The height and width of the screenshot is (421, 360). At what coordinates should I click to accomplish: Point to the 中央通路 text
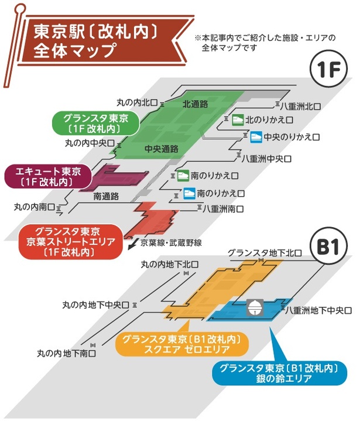point(162,149)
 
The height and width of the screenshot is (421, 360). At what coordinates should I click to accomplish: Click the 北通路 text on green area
point(196,104)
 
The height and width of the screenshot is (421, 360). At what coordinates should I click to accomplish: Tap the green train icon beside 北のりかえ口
point(237,118)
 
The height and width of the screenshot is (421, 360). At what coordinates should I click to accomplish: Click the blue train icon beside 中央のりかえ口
point(256,137)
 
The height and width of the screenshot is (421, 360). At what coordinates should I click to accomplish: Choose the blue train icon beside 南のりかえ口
point(189,192)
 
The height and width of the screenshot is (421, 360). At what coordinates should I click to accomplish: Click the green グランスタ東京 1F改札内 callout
point(94,122)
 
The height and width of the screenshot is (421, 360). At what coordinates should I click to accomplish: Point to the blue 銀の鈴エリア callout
point(279,374)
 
